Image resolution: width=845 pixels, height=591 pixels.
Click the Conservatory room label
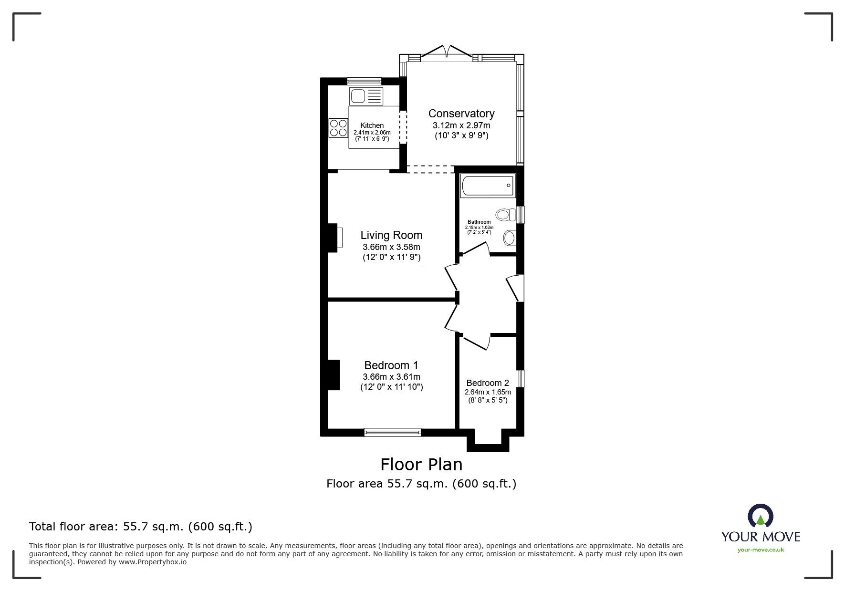461,114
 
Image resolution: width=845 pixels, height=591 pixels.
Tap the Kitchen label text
372,125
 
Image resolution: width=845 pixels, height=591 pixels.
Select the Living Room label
391,235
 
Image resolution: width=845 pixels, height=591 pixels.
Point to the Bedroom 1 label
391,365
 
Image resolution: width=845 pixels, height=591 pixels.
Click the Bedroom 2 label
488,383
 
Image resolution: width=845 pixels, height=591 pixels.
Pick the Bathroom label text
479,222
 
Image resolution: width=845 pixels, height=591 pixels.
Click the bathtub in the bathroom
488,186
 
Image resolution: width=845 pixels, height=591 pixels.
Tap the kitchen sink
366,96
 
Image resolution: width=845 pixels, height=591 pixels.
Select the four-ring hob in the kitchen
338,127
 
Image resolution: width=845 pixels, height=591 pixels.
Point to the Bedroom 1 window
393,433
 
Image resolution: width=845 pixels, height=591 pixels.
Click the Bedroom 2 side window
521,378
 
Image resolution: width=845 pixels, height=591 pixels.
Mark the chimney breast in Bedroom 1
334,375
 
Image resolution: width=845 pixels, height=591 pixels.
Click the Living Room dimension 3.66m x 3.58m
391,247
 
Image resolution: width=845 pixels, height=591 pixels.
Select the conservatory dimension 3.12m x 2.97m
461,125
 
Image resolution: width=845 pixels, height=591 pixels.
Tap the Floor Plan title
421,464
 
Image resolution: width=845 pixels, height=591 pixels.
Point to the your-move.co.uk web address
761,550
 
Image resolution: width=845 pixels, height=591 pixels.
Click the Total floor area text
141,527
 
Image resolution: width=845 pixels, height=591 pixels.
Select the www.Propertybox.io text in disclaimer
153,562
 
